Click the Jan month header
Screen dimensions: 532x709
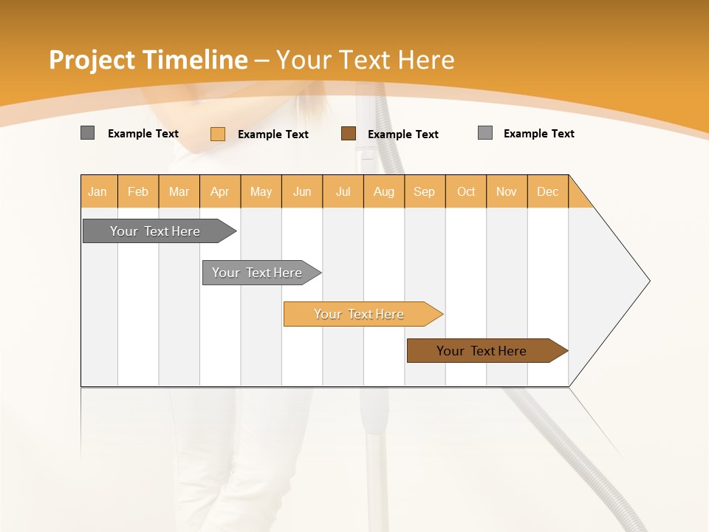click(98, 191)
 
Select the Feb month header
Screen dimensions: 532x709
click(138, 191)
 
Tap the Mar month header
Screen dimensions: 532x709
click(179, 191)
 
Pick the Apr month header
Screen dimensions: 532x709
click(220, 191)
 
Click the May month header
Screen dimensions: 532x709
click(261, 191)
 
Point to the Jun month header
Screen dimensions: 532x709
click(302, 191)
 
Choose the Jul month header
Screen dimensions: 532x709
click(343, 191)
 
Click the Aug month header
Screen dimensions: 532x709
click(384, 191)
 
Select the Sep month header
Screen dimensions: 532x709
click(425, 191)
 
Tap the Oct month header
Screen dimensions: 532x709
click(466, 191)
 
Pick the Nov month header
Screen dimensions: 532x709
click(507, 191)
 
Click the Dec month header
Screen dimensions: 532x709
click(548, 191)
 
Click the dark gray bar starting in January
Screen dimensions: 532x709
click(155, 231)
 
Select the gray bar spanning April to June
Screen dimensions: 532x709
click(257, 273)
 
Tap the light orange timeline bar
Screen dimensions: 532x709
click(359, 314)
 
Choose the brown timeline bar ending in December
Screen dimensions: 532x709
click(482, 351)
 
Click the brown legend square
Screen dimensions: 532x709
click(349, 134)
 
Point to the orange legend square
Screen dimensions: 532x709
click(218, 134)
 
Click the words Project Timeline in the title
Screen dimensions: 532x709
click(148, 60)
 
